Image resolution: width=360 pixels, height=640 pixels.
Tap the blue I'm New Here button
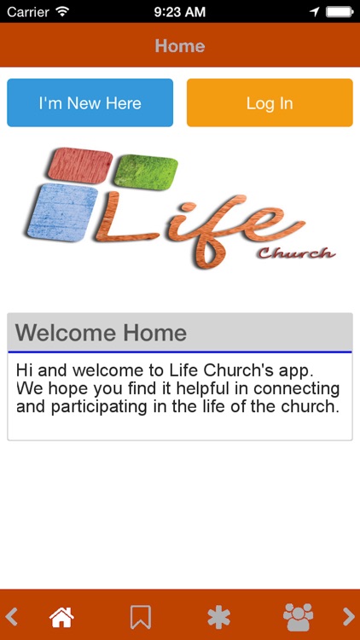click(x=90, y=103)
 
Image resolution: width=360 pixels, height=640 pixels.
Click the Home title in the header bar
click(x=180, y=46)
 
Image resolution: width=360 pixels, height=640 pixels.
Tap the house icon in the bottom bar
click(x=61, y=616)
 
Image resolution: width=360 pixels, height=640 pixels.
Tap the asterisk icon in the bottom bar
click(x=218, y=616)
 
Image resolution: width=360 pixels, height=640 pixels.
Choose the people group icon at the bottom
click(x=298, y=616)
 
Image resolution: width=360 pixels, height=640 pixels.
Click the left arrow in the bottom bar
click(x=12, y=616)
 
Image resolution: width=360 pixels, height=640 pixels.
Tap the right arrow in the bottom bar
click(x=348, y=616)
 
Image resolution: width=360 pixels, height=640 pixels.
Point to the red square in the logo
click(x=80, y=165)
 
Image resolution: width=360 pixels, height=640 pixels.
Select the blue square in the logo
click(x=62, y=212)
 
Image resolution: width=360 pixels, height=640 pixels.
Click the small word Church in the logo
click(x=295, y=253)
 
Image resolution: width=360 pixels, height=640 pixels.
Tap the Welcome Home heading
click(x=101, y=333)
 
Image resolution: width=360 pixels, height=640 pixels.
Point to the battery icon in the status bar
click(x=339, y=12)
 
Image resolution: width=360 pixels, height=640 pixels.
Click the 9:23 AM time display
click(x=180, y=12)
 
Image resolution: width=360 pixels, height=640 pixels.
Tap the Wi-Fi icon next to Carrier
click(x=62, y=12)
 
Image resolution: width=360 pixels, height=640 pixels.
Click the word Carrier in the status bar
click(x=27, y=12)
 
